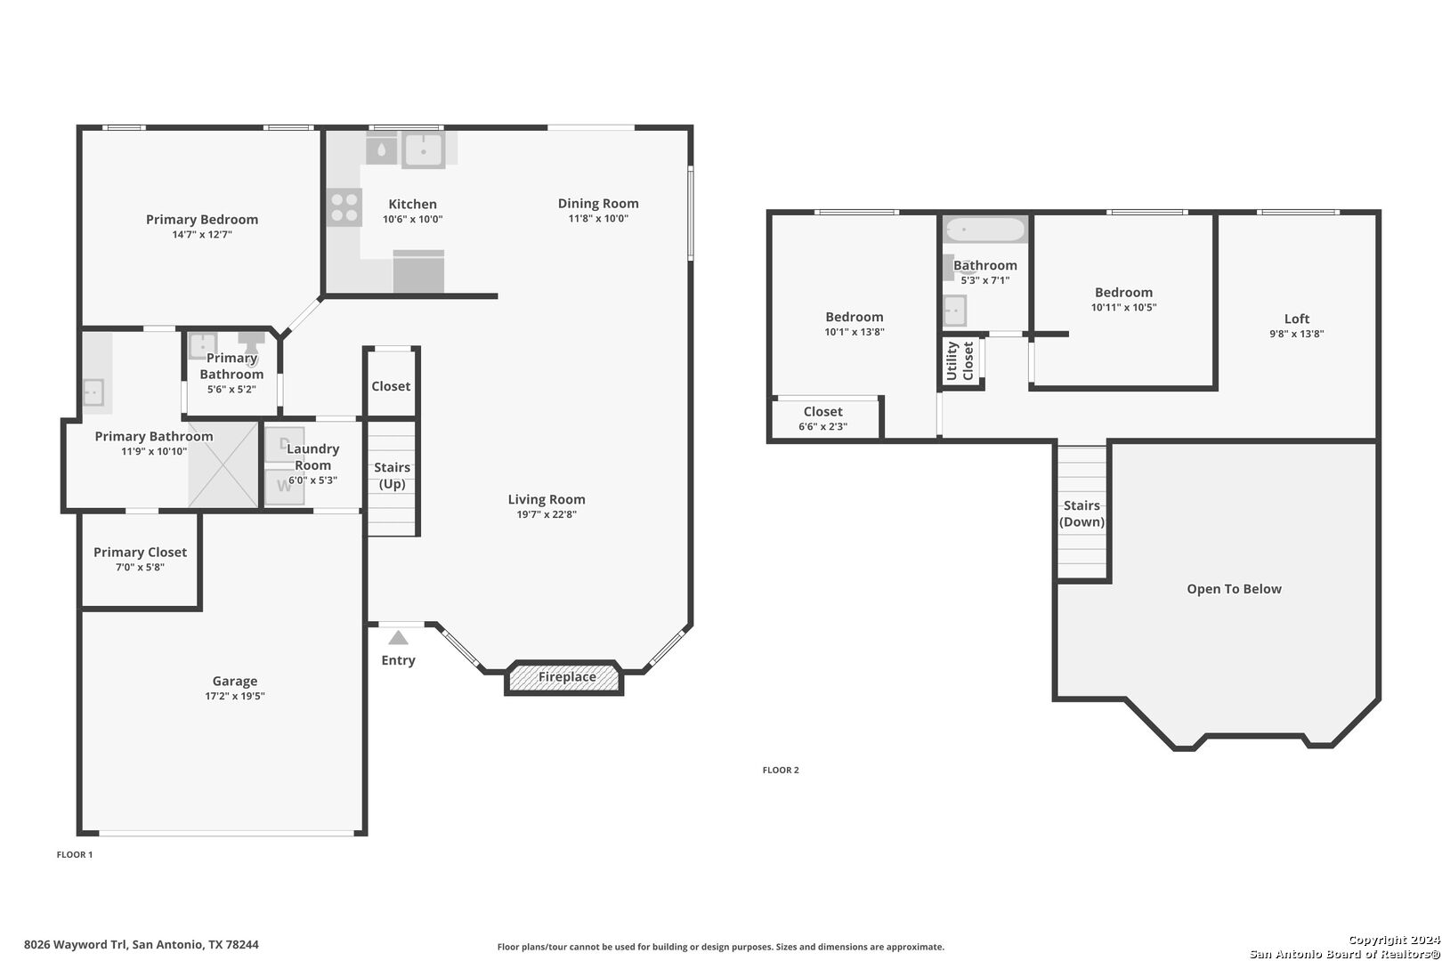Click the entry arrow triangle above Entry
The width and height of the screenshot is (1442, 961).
[x=399, y=638]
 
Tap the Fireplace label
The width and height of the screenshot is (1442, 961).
[x=567, y=677]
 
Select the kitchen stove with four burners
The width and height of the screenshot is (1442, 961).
[x=344, y=207]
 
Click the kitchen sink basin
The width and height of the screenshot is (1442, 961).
[x=424, y=149]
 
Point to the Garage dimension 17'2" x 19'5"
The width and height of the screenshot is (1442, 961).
[x=235, y=696]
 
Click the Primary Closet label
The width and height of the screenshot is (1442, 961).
[x=141, y=553]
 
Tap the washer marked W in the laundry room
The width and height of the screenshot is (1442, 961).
[x=285, y=487]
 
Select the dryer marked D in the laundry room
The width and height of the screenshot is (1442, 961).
[x=285, y=444]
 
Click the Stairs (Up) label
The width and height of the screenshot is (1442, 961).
[x=392, y=476]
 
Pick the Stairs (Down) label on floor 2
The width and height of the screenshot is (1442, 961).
[x=1082, y=513]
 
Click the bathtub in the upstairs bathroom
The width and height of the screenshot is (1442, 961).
[x=985, y=230]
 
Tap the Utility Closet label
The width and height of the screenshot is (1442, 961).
[x=960, y=361]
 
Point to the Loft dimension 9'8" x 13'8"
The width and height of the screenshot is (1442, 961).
[x=1297, y=334]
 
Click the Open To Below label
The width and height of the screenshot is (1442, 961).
[x=1234, y=589]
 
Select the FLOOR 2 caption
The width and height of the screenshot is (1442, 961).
[x=781, y=770]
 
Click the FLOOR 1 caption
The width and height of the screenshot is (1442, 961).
[x=75, y=855]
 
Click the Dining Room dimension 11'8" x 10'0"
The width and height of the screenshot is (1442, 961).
[x=598, y=218]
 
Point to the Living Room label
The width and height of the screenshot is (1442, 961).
[x=547, y=499]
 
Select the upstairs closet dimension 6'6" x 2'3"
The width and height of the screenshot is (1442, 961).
[x=822, y=426]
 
